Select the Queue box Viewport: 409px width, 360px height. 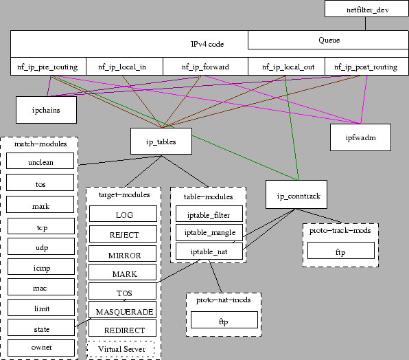coord(329,40)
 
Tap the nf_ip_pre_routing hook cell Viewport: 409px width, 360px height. coord(48,67)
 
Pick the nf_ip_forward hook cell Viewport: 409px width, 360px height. coord(205,67)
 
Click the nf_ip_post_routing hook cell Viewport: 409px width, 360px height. coord(366,67)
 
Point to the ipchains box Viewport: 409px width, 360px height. coord(46,109)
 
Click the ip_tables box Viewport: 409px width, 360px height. coord(161,142)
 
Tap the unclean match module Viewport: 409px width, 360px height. coord(40,163)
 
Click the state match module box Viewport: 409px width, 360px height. coord(40,328)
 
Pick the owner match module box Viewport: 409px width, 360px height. coord(40,347)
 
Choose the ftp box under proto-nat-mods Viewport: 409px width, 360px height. coord(223,320)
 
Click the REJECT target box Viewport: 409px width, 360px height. coord(124,234)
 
